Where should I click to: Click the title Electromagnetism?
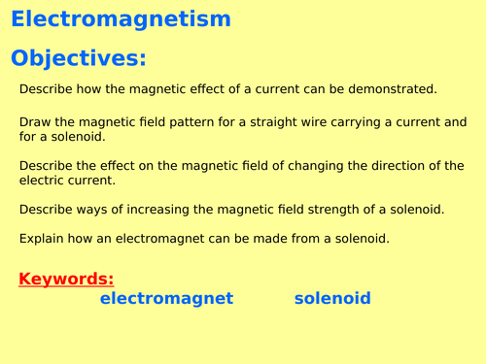pyautogui.click(x=121, y=19)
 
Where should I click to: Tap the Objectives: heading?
pyautogui.click(x=79, y=58)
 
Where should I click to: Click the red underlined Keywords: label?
pyautogui.click(x=66, y=280)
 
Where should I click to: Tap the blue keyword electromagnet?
pyautogui.click(x=166, y=299)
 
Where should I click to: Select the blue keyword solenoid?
pyautogui.click(x=332, y=299)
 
